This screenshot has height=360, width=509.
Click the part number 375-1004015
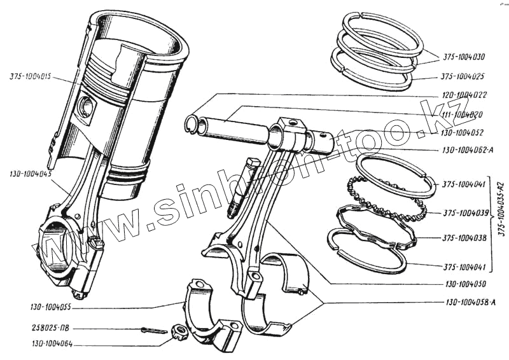(x=31, y=78)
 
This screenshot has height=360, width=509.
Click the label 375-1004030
(x=462, y=55)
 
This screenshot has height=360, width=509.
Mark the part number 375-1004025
(x=462, y=77)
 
